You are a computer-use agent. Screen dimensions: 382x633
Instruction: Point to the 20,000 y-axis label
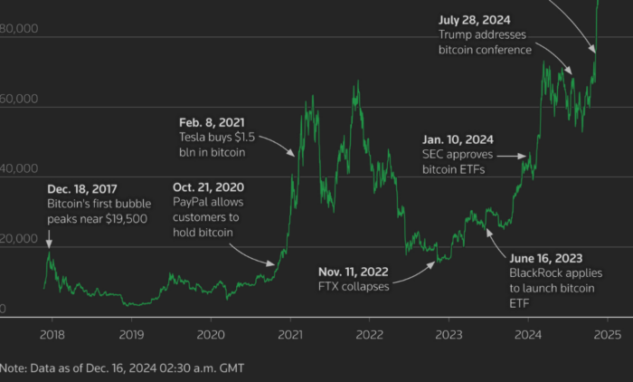click(19, 239)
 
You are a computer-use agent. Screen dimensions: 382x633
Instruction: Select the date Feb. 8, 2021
click(212, 121)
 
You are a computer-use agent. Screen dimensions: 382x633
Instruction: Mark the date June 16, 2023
click(552, 257)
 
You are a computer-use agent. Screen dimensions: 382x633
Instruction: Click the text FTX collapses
click(353, 287)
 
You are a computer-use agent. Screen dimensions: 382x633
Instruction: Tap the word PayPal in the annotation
click(194, 202)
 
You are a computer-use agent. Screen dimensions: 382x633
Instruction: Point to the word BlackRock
click(539, 272)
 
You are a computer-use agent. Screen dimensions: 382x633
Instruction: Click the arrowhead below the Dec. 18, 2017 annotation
click(49, 244)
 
